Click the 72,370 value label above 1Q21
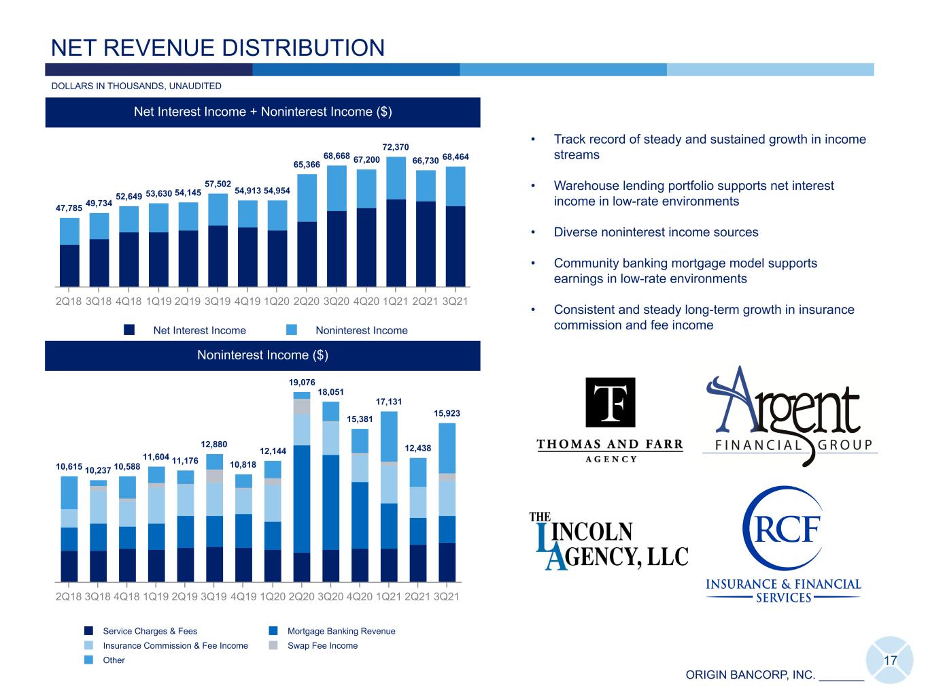pyautogui.click(x=395, y=147)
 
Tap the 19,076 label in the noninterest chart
pyautogui.click(x=302, y=383)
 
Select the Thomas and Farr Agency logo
pyautogui.click(x=610, y=420)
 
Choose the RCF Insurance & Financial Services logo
pyautogui.click(x=783, y=545)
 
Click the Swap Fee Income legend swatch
pyautogui.click(x=273, y=645)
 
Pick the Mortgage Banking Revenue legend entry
pyautogui.click(x=332, y=631)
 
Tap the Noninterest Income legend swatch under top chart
pyautogui.click(x=291, y=329)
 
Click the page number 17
pyautogui.click(x=890, y=661)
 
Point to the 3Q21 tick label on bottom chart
pyautogui.click(x=447, y=597)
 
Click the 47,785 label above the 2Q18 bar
pyautogui.click(x=69, y=208)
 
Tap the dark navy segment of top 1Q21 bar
pyautogui.click(x=396, y=243)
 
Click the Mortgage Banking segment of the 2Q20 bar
pyautogui.click(x=302, y=499)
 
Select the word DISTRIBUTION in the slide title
pyautogui.click(x=303, y=48)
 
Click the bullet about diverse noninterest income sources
pyautogui.click(x=656, y=232)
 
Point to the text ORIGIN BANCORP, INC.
pyautogui.click(x=751, y=675)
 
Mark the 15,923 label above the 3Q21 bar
pyautogui.click(x=447, y=413)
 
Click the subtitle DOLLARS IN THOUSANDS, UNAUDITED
pyautogui.click(x=136, y=86)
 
